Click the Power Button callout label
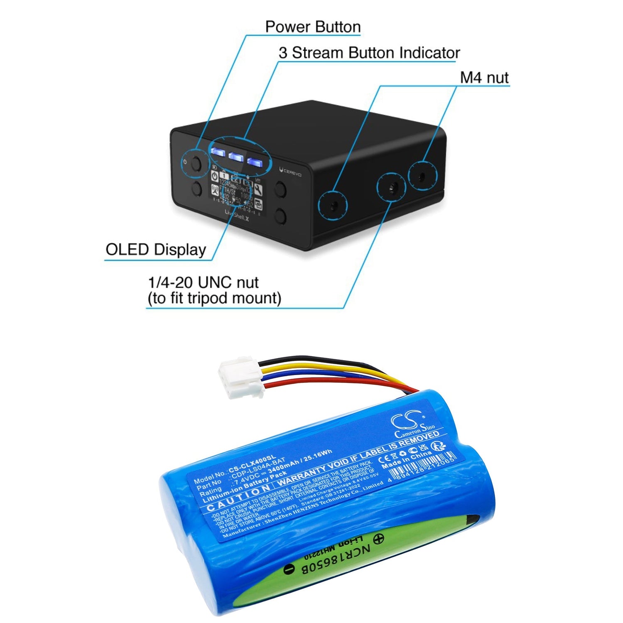(313, 27)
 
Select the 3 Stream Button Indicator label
(369, 53)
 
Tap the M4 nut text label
(484, 78)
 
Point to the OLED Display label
(156, 250)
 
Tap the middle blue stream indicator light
(235, 157)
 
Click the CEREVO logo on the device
(291, 172)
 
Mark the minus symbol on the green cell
(289, 569)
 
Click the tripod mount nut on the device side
(391, 188)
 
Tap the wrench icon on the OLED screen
(258, 190)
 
